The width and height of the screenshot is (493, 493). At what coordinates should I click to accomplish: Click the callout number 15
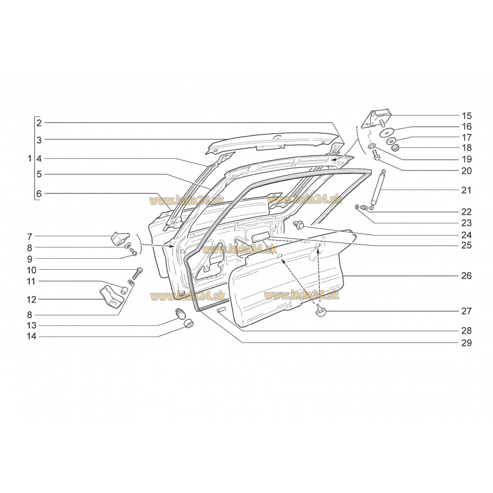(x=467, y=116)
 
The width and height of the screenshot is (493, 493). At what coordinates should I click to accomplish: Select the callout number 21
(x=467, y=190)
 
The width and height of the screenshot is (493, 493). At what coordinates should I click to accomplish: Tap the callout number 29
(x=467, y=343)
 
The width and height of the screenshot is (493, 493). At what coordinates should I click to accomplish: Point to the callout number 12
(x=32, y=300)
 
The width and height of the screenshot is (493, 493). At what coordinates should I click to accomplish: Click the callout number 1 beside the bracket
(x=30, y=158)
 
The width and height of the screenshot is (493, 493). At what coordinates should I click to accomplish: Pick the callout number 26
(x=467, y=276)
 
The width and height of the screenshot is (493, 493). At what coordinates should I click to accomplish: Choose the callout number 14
(x=32, y=336)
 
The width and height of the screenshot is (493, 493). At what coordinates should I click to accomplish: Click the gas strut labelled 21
(x=378, y=190)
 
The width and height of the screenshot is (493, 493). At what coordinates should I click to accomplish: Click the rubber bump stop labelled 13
(x=180, y=314)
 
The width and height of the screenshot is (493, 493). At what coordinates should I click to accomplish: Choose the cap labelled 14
(x=188, y=323)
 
